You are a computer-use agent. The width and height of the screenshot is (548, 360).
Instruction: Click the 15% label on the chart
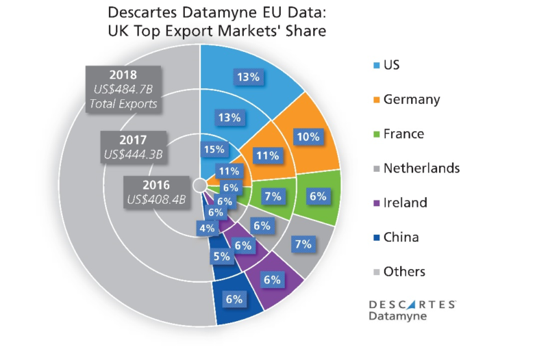pos(213,149)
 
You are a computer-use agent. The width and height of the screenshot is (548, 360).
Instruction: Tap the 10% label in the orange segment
pos(308,137)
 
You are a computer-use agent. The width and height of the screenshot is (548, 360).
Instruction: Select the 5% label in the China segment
pos(221,257)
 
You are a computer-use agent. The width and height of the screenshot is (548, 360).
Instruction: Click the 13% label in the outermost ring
pos(247,77)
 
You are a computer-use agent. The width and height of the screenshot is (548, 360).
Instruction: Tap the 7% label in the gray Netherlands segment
pos(303,244)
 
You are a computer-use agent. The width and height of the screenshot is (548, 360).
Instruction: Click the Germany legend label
pos(412,99)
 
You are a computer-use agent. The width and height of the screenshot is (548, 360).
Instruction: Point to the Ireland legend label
pos(406,203)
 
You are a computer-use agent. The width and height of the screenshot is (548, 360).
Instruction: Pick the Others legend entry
pos(404,272)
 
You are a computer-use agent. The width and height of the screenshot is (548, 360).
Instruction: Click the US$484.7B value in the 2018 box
pos(123,90)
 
